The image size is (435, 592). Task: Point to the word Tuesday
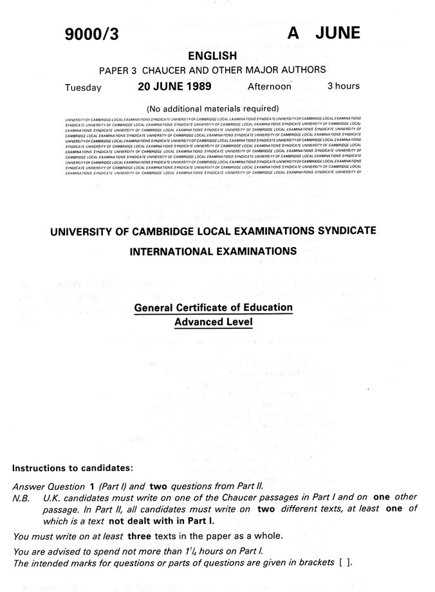(82, 87)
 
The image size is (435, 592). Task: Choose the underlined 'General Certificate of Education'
(213, 308)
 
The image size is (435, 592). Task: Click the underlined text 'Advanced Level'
(213, 322)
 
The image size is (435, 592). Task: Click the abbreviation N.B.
(22, 498)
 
